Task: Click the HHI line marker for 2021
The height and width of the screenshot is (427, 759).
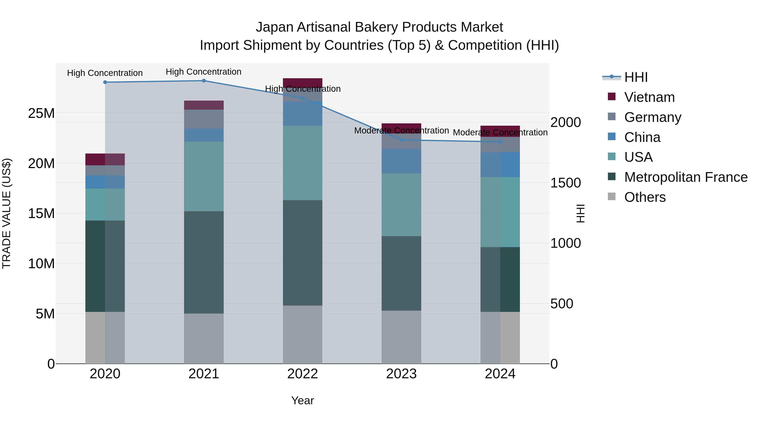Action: coord(204,81)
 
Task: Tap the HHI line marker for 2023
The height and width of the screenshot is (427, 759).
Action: coord(401,140)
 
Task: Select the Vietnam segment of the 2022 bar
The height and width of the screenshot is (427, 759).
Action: coord(303,82)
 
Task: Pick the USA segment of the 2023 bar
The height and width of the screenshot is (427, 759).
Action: coord(401,205)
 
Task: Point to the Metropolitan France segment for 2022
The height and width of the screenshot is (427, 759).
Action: coord(303,253)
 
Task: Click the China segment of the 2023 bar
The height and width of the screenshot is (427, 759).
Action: coord(401,161)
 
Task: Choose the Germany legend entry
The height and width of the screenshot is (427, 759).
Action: coord(652,117)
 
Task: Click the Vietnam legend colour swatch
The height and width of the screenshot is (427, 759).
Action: coord(612,97)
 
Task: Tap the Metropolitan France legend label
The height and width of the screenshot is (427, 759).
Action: coord(686,177)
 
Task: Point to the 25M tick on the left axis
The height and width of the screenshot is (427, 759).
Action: coord(41,113)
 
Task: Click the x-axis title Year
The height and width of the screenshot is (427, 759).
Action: coord(303,400)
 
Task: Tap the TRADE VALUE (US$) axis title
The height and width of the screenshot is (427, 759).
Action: coord(7,213)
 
